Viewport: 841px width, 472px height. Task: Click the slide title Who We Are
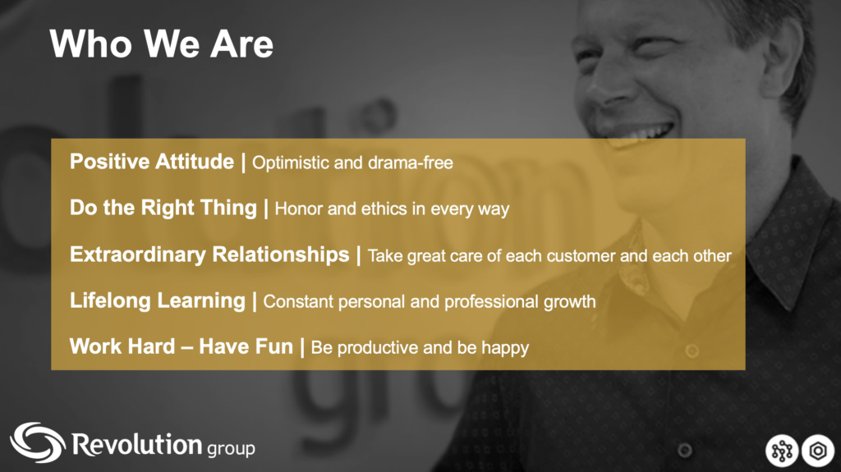162,44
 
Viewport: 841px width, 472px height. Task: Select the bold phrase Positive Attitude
152,162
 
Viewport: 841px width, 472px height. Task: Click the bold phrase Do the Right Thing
163,209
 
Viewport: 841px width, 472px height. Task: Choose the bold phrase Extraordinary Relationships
209,254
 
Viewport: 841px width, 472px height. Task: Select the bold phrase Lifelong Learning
157,300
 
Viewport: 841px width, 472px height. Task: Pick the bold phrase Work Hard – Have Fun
182,346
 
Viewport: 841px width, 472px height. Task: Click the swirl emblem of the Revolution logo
38,442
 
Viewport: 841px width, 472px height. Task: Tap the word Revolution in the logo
137,444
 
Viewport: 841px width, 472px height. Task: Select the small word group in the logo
231,448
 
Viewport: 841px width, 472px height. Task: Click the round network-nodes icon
782,451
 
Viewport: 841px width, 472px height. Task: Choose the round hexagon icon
818,451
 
